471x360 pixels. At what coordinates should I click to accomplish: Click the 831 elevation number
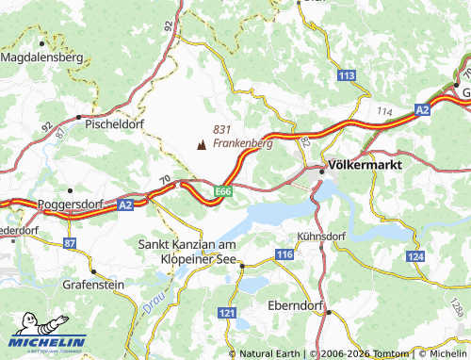(x=222, y=129)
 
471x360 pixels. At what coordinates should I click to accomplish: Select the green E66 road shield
(x=222, y=191)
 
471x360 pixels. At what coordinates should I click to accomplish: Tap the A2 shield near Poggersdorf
(x=125, y=203)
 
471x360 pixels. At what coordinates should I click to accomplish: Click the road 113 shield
(x=347, y=74)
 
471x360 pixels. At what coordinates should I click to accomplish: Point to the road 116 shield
(x=285, y=255)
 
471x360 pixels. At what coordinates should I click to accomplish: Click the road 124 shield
(x=415, y=256)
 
